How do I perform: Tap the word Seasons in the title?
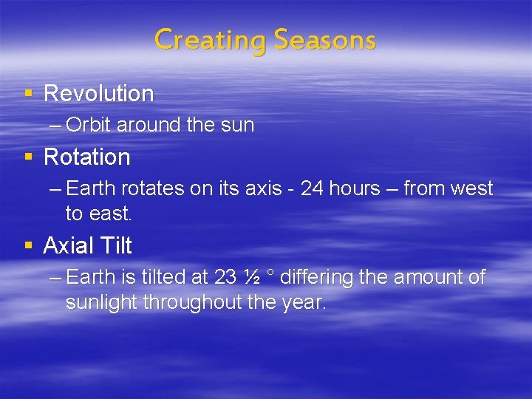coord(324,39)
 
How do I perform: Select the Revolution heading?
coord(98,94)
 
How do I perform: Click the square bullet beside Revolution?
coord(29,93)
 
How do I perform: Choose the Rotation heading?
coord(86,157)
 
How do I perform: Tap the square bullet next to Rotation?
coord(29,157)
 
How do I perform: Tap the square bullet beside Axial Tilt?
coord(29,245)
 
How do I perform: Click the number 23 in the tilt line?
coord(225,278)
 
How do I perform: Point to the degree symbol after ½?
coord(270,274)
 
